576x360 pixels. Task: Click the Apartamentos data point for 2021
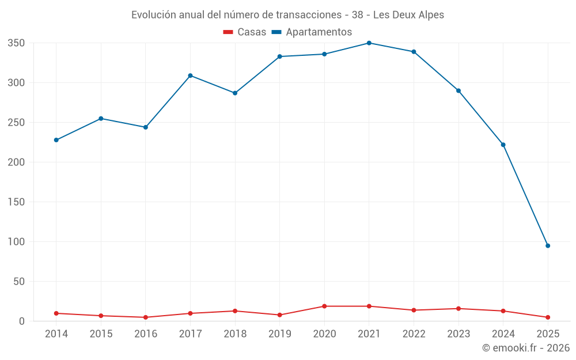point(369,43)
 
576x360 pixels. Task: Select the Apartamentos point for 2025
point(548,246)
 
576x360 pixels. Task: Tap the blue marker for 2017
point(190,75)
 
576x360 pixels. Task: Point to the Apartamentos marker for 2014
point(56,140)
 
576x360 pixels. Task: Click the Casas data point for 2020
point(324,306)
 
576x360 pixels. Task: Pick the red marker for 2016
point(146,317)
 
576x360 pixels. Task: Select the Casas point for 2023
point(458,309)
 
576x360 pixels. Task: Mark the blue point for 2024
point(503,145)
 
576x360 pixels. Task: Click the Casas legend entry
point(245,32)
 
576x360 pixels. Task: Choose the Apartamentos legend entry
point(312,32)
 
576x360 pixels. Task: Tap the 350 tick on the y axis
point(16,43)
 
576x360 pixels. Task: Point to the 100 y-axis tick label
point(16,242)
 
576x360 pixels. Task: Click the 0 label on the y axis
point(21,321)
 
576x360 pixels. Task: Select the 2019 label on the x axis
point(280,334)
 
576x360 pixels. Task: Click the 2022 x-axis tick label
point(414,334)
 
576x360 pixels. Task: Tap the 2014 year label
point(56,334)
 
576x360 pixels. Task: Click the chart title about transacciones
point(287,15)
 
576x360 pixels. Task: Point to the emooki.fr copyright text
point(525,348)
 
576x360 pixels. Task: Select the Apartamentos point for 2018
point(235,93)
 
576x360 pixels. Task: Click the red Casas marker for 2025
point(548,317)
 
